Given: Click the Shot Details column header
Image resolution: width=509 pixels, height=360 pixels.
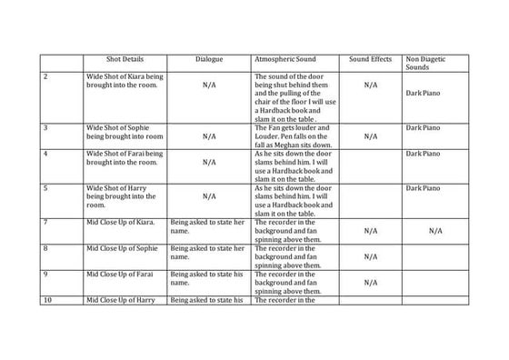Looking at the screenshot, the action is click(123, 59).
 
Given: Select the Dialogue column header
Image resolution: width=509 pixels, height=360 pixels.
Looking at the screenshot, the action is click(208, 59).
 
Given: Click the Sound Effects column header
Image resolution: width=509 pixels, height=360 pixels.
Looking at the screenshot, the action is click(370, 59).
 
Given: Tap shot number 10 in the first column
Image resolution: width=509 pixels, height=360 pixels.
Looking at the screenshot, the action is click(47, 299).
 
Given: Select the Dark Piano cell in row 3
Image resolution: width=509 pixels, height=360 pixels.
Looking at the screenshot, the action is click(424, 127).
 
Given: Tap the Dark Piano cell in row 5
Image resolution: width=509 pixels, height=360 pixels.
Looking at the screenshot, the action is click(424, 188).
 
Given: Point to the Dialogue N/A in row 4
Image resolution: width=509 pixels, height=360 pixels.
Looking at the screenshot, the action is click(208, 163).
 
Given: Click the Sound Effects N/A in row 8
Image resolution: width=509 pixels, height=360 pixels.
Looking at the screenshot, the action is click(370, 256).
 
